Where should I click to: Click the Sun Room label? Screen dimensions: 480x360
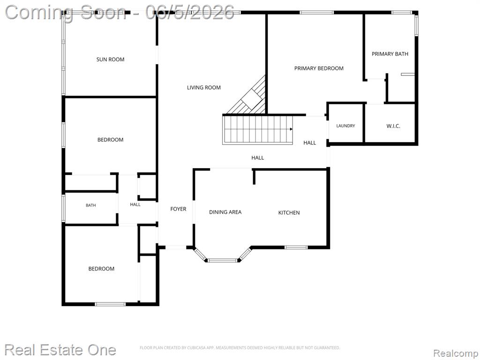(x=110, y=60)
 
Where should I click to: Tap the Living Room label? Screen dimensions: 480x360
(x=204, y=88)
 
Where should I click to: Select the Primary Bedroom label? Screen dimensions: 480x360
(x=319, y=68)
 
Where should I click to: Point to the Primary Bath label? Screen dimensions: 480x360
(x=390, y=54)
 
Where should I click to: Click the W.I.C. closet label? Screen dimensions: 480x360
(x=393, y=126)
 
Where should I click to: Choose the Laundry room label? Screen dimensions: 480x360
(x=345, y=126)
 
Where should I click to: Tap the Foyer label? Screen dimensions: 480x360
(x=178, y=209)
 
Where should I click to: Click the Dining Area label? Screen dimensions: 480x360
(x=225, y=212)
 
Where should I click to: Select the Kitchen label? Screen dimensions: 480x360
(x=289, y=212)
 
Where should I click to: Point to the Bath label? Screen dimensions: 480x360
(x=90, y=205)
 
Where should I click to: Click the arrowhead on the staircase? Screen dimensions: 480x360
(x=291, y=129)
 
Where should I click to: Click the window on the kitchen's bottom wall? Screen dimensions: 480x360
(x=296, y=247)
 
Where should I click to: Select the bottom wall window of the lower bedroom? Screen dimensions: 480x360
(x=110, y=304)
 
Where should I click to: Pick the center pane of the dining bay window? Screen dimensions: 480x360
(x=223, y=261)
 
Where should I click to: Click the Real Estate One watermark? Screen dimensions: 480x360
(x=60, y=350)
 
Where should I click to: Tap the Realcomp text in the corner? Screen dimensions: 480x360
(x=456, y=353)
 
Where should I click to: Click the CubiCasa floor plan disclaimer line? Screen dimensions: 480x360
(x=240, y=347)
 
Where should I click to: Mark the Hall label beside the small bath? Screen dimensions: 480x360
(x=135, y=204)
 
